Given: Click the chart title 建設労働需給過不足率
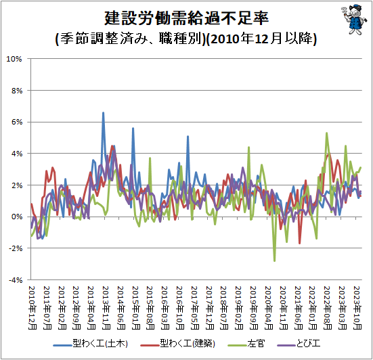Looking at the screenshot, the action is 187,18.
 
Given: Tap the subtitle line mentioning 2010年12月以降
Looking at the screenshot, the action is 186,39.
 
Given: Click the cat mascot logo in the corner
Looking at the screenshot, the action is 353,20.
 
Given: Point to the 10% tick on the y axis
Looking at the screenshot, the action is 14,59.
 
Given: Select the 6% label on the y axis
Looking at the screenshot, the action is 17,122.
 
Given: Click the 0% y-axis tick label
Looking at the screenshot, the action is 17,217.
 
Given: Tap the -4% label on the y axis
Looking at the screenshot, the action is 16,280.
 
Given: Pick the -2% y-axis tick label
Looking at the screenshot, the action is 16,248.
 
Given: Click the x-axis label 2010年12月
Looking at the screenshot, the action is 32,308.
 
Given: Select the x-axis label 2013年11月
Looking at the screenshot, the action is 106,308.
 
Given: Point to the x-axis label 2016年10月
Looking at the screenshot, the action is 180,308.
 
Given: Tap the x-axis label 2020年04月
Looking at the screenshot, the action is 269,308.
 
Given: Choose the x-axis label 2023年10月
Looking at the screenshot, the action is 357,308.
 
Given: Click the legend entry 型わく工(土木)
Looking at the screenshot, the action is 91,344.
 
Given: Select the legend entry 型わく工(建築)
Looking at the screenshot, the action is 177,344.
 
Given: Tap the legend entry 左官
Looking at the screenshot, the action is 246,344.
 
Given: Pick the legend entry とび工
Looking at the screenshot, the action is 299,344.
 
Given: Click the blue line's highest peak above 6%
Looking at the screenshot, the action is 104,112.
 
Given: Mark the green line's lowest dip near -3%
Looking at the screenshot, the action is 275,261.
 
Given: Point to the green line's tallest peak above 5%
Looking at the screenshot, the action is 326,133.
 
